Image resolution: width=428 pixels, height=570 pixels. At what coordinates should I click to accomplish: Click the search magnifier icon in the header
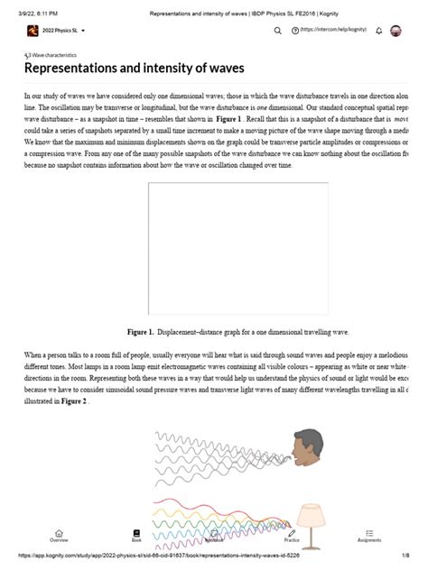[x=278, y=31]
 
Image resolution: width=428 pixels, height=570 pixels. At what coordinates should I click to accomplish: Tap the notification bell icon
[x=379, y=31]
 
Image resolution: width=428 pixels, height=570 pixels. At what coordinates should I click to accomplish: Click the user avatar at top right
[x=395, y=31]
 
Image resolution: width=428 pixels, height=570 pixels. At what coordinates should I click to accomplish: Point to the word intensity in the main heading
[x=184, y=68]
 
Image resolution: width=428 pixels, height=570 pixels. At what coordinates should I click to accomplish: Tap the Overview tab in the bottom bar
[x=59, y=536]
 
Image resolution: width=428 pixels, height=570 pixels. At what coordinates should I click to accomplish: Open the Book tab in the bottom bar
[x=136, y=536]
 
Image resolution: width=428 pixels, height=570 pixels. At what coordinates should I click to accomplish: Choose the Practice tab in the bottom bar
[x=292, y=536]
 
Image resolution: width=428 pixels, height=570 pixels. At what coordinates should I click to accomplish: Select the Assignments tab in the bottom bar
[x=369, y=536]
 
